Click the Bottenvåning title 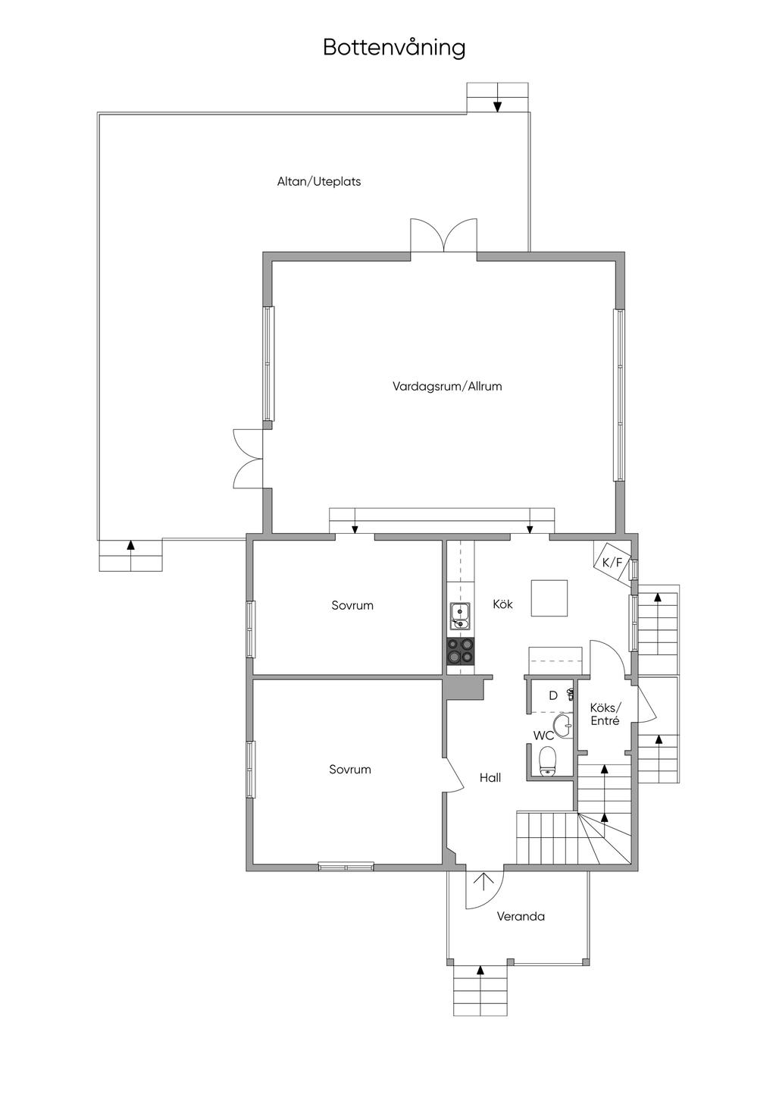394,47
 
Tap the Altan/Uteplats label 319,182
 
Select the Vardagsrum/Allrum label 447,386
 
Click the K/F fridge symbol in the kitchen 612,563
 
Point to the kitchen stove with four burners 461,651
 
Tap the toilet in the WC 547,761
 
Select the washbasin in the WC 564,726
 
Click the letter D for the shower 553,695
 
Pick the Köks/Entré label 605,714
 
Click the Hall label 490,778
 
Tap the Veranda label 521,917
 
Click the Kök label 502,604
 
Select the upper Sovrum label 352,606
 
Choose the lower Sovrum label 350,770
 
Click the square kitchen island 549,598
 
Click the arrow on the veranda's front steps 480,971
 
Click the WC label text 543,736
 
